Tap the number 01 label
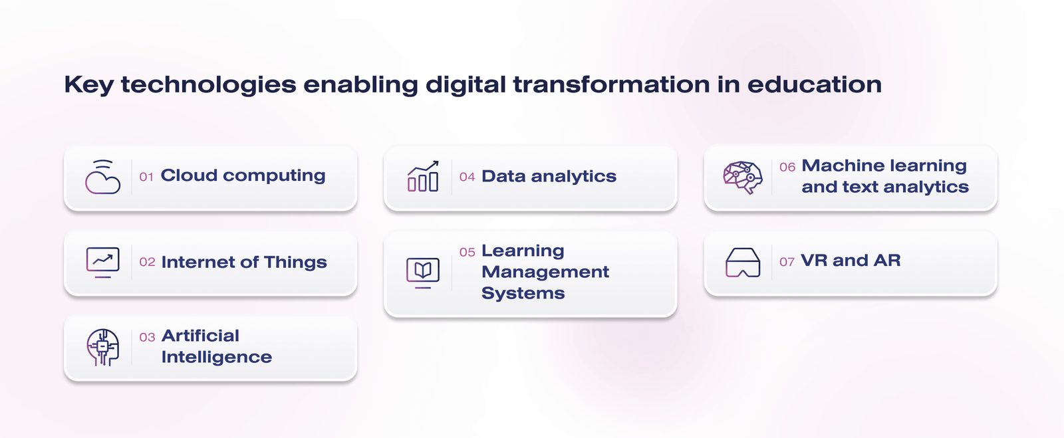tap(146, 177)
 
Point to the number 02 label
tap(147, 262)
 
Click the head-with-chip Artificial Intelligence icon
tap(102, 348)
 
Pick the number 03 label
tap(147, 338)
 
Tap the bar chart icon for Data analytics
tap(423, 176)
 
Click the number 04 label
tap(467, 177)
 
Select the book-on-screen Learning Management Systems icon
tap(423, 273)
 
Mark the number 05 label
tap(467, 253)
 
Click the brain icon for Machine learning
tap(743, 177)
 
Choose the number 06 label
tap(787, 167)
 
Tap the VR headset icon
tap(743, 263)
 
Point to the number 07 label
tap(787, 262)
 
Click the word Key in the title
tap(89, 85)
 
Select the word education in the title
tap(815, 84)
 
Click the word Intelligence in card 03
tap(217, 357)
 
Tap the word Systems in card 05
tap(523, 293)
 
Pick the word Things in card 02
tap(295, 262)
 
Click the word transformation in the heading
tap(611, 84)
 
